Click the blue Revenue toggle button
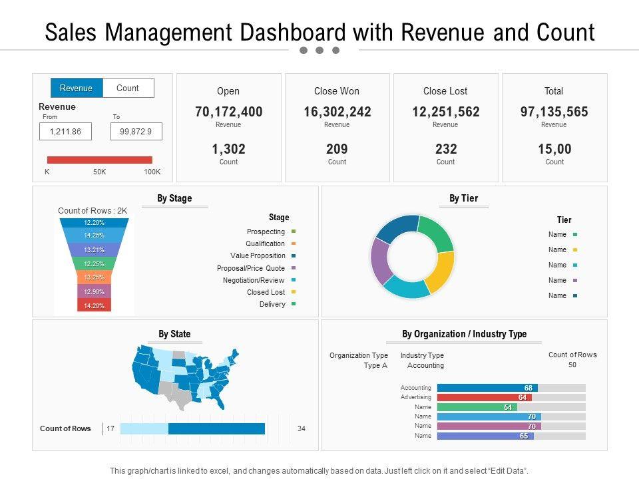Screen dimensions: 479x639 click(x=77, y=88)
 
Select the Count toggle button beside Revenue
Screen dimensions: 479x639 click(x=128, y=88)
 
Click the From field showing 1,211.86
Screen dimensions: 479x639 click(x=65, y=132)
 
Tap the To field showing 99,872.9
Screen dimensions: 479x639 click(x=136, y=132)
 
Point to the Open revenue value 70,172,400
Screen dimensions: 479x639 click(x=228, y=112)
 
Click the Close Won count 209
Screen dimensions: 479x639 click(x=337, y=149)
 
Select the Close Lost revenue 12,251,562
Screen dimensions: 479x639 click(x=445, y=112)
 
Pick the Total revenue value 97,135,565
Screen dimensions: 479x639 click(x=554, y=112)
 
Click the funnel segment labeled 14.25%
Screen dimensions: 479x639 click(x=94, y=236)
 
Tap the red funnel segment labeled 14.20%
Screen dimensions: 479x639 click(x=94, y=306)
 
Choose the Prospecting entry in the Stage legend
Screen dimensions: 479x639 click(x=266, y=232)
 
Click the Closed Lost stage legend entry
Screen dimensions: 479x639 click(x=266, y=292)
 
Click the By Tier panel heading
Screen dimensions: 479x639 click(x=463, y=198)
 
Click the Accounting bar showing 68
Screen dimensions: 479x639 click(x=487, y=388)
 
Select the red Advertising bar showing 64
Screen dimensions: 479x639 click(x=484, y=397)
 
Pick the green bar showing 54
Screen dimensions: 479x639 click(x=477, y=407)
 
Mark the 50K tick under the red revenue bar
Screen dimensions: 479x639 click(x=100, y=172)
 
